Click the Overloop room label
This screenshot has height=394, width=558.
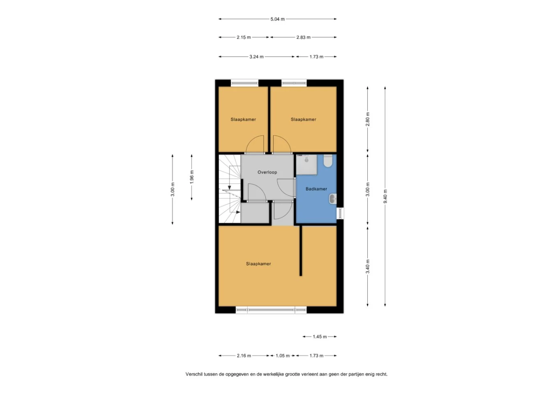[267, 172]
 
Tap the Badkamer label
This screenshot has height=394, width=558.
[316, 189]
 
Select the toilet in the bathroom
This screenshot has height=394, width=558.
[328, 161]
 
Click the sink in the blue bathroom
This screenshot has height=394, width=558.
[333, 199]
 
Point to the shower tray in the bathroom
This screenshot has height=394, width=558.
[307, 165]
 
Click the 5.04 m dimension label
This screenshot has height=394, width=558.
[277, 19]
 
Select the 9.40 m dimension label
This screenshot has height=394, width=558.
[385, 196]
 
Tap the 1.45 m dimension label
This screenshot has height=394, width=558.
[320, 337]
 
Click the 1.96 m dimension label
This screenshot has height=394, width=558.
[191, 177]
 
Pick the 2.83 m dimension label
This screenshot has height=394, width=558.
[303, 37]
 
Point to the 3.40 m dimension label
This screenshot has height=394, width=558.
[367, 266]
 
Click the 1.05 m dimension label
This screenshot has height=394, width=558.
[282, 356]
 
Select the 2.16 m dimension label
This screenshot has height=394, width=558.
[244, 356]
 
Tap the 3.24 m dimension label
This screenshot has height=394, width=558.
[256, 57]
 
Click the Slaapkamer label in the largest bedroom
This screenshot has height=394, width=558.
[258, 263]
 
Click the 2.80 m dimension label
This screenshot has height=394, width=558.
[367, 119]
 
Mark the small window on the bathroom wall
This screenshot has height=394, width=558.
[340, 213]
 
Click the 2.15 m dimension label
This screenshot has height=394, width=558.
[244, 37]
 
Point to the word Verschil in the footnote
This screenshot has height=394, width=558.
[194, 374]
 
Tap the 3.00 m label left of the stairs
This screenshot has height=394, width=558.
[173, 189]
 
